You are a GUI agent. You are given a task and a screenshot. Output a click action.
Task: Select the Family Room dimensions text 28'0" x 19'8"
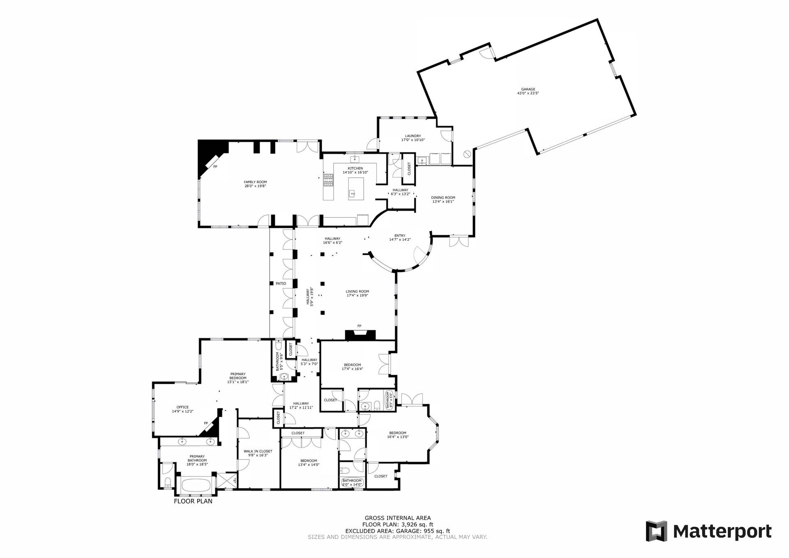(255, 186)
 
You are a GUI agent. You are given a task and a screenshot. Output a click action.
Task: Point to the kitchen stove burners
(329, 179)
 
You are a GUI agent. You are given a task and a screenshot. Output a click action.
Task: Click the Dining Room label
(443, 198)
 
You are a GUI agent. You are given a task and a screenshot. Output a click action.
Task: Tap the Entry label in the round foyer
(400, 235)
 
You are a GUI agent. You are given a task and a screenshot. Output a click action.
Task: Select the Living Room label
(358, 291)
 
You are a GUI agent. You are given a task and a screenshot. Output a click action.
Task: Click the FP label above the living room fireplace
(359, 326)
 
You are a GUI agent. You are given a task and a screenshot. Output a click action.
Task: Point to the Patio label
(281, 284)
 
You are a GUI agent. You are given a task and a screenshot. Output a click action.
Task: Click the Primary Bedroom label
(238, 376)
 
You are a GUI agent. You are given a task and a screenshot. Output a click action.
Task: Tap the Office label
(182, 407)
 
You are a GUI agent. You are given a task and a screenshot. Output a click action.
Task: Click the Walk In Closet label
(258, 451)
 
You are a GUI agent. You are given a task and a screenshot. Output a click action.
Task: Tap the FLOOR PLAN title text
(193, 501)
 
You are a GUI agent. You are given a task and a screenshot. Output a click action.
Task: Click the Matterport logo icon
(657, 531)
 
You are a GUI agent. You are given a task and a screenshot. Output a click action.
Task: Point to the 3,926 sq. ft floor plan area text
(418, 525)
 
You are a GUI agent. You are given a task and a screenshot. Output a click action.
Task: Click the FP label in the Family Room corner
(215, 167)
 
